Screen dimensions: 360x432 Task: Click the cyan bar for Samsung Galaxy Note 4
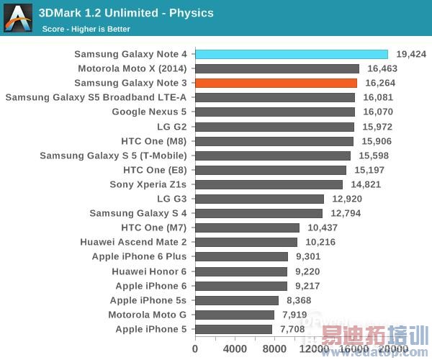[291, 54]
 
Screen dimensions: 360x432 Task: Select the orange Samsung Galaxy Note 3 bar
[276, 83]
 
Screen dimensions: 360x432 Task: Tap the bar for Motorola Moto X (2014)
[276, 68]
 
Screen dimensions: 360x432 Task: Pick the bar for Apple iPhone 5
[233, 329]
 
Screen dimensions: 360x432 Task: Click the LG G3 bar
[259, 199]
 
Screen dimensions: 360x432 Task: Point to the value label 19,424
[411, 54]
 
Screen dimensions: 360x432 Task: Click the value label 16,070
[378, 112]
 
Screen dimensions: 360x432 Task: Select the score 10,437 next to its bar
[322, 228]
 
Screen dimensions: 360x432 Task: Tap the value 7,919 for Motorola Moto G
[295, 315]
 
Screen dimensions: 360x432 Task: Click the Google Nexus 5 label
[149, 112]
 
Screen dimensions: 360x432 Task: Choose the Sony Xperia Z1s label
[148, 184]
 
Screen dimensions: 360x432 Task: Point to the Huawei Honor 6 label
[149, 271]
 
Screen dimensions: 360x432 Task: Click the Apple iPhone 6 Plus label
[139, 257]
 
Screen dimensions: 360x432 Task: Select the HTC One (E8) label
[155, 170]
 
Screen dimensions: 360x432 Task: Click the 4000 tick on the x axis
[235, 349]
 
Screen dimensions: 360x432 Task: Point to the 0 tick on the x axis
[195, 349]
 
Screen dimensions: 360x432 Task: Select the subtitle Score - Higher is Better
[86, 29]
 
